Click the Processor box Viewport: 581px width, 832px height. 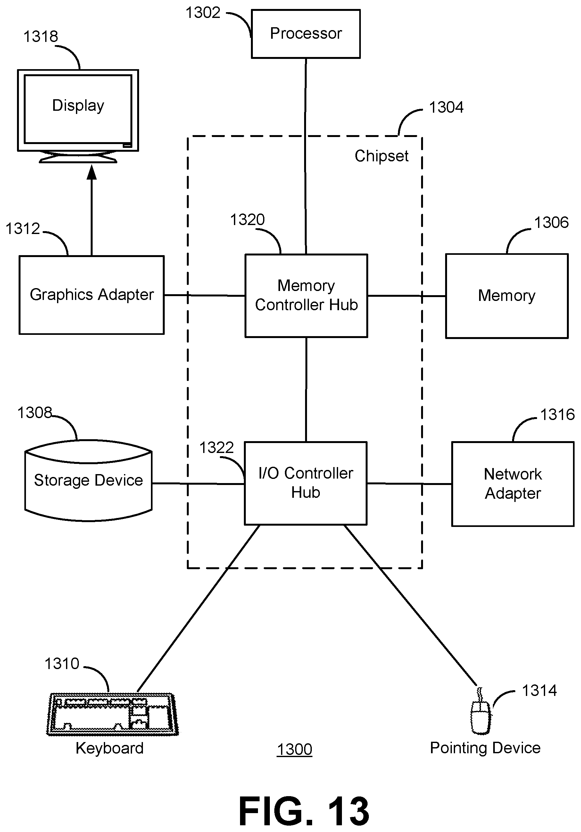coord(306,34)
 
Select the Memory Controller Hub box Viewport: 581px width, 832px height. coord(306,296)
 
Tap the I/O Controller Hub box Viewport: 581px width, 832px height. coord(306,483)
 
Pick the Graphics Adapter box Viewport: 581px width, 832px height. coord(91,295)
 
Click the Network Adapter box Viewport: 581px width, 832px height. coord(512,484)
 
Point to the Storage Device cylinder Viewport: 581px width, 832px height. coord(88,481)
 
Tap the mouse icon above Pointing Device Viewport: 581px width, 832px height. coord(481,717)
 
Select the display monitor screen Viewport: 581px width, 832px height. coord(78,109)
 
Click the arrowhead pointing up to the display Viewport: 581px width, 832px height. coord(92,173)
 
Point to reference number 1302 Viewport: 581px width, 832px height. coord(203,13)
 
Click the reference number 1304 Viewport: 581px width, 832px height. coord(446,108)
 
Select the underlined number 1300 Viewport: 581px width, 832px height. coord(294,749)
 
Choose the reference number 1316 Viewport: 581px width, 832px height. coord(557,415)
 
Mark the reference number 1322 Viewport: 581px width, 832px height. coord(217,448)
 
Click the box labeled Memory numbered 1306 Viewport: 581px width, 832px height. coord(507,296)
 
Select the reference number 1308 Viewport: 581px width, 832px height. coord(35,413)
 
